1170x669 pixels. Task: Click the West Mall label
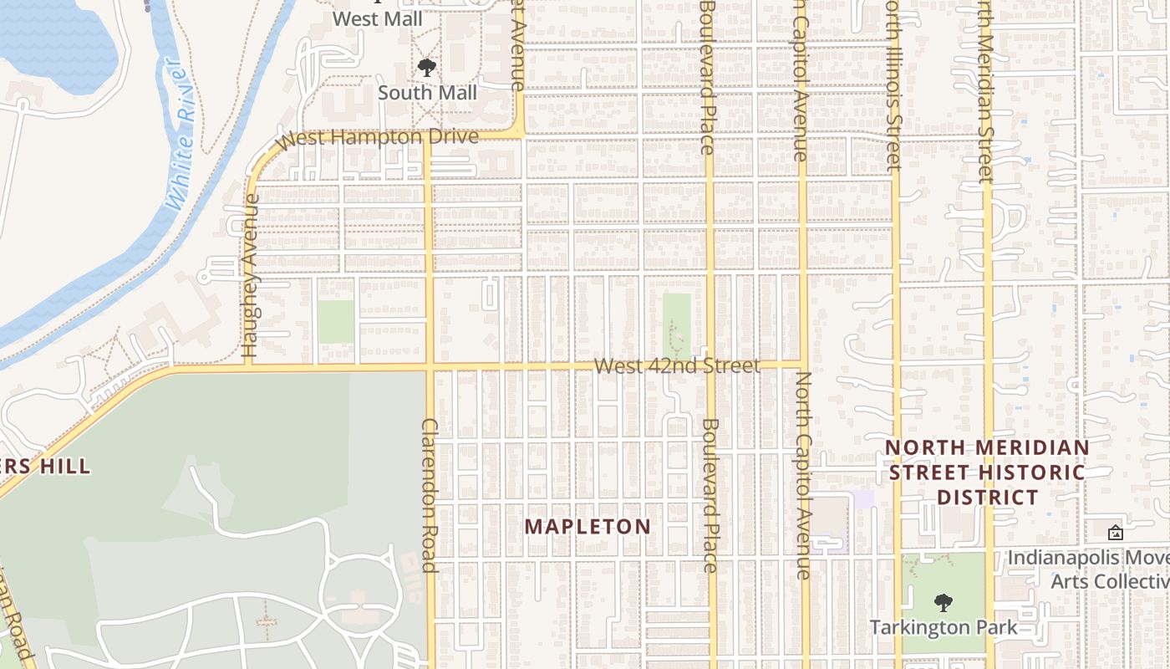coord(377,18)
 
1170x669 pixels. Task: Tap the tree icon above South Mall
coord(427,68)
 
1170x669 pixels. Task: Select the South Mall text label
coord(427,93)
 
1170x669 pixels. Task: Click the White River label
coord(180,134)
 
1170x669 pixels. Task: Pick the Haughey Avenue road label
coord(250,277)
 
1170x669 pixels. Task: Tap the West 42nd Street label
coord(677,366)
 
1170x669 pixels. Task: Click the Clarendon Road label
coord(430,495)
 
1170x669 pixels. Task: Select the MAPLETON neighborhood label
coord(588,527)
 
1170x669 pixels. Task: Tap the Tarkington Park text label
coord(944,627)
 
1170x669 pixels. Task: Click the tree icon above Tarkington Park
coord(944,602)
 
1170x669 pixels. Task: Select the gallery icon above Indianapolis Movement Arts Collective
coord(1115,533)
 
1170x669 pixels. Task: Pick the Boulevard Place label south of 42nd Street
coord(710,495)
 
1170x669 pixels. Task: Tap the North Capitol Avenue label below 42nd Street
coord(803,475)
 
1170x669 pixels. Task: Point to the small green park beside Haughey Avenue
coord(336,322)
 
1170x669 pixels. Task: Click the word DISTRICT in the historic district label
coord(987,498)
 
